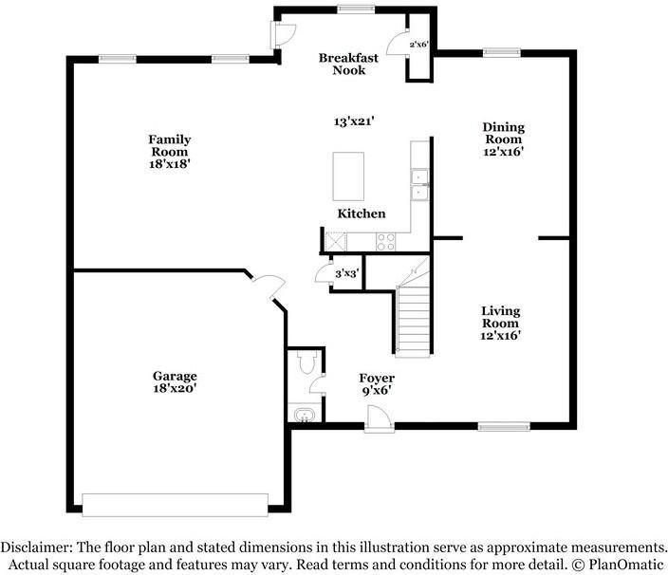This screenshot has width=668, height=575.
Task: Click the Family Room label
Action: (169, 151)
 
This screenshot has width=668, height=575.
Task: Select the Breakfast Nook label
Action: (348, 64)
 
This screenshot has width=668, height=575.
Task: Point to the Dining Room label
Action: (503, 139)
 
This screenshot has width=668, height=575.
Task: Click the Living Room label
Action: (500, 323)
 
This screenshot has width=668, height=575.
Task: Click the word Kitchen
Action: (362, 213)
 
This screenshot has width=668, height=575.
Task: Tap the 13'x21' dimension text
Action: (354, 121)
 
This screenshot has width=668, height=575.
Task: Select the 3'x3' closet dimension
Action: (346, 273)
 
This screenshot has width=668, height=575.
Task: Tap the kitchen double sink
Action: (417, 185)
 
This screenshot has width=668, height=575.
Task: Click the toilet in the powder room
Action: (305, 363)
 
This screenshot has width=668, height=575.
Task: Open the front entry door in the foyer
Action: (376, 418)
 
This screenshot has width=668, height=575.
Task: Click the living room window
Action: (502, 426)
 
